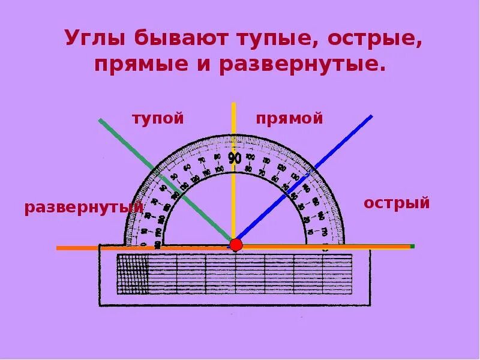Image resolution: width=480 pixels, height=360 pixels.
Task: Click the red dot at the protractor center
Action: pyautogui.click(x=236, y=245)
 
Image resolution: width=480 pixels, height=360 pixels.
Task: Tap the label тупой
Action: pyautogui.click(x=158, y=118)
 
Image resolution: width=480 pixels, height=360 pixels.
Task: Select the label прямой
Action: pyautogui.click(x=289, y=118)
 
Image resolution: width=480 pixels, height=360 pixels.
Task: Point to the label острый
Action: pyautogui.click(x=397, y=203)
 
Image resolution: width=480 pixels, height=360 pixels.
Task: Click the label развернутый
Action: pyautogui.click(x=84, y=208)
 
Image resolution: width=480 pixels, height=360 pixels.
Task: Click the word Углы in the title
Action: pyautogui.click(x=96, y=40)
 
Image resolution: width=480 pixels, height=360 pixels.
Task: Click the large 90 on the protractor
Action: pyautogui.click(x=235, y=158)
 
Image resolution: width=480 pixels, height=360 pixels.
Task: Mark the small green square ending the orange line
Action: pyautogui.click(x=412, y=246)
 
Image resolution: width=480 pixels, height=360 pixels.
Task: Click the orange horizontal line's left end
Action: pyautogui.click(x=59, y=248)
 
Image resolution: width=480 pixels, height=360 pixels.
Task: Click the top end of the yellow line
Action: pyautogui.click(x=234, y=104)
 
